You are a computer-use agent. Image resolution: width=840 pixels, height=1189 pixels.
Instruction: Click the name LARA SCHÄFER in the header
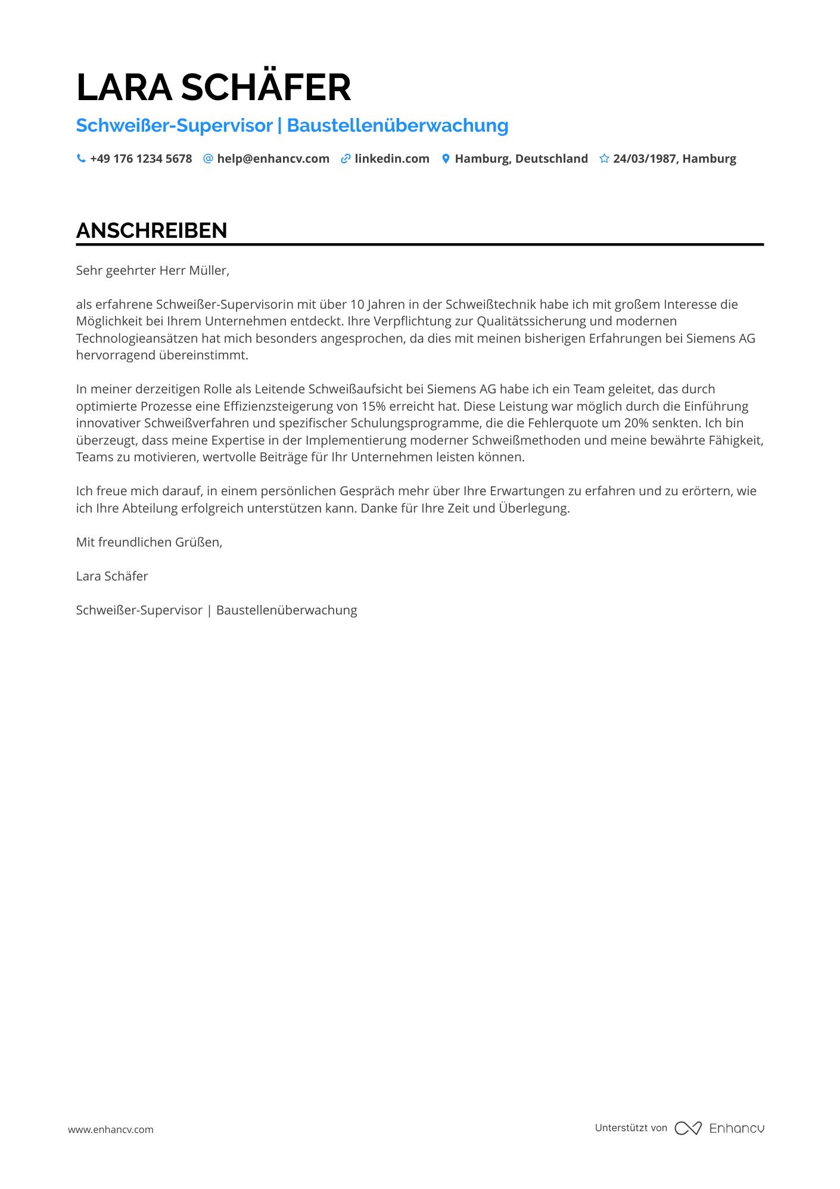point(213,88)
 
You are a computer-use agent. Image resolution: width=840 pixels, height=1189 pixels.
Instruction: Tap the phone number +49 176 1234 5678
point(141,159)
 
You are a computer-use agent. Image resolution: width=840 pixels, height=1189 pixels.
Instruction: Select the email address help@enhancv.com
point(273,159)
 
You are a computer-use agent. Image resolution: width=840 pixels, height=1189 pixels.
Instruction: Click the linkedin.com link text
point(391,159)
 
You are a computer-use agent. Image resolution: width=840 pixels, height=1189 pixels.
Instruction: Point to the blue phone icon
point(81,159)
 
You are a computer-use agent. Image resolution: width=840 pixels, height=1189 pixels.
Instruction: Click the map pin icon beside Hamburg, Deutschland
point(446,159)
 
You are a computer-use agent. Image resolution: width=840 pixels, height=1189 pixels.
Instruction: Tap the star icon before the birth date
point(604,159)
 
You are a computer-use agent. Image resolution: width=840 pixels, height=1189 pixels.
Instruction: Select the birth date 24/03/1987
point(645,159)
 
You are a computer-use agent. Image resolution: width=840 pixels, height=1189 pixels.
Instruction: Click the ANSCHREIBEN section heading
point(151,231)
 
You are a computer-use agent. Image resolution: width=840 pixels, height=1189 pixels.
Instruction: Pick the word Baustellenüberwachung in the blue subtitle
point(397,126)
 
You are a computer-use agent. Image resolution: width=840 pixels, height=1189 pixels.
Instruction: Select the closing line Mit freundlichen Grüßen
point(149,542)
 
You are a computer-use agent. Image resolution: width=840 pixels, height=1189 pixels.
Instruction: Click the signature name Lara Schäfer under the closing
point(112,576)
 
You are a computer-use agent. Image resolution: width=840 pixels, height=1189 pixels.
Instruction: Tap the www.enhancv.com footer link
point(111,1129)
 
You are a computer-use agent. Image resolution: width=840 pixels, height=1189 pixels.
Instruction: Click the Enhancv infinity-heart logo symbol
point(688,1128)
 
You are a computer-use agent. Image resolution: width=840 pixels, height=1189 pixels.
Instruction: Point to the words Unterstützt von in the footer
point(631,1128)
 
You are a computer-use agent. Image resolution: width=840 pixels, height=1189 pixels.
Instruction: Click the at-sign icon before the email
point(208,159)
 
